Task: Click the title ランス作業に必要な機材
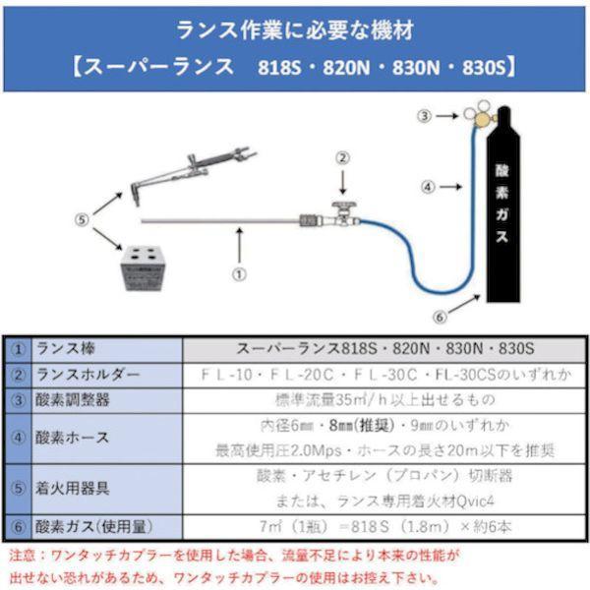(x=295, y=29)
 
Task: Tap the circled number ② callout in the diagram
(x=342, y=157)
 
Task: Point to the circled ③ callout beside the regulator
(x=424, y=116)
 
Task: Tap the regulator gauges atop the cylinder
(x=479, y=116)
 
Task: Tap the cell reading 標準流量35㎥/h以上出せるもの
(x=385, y=401)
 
